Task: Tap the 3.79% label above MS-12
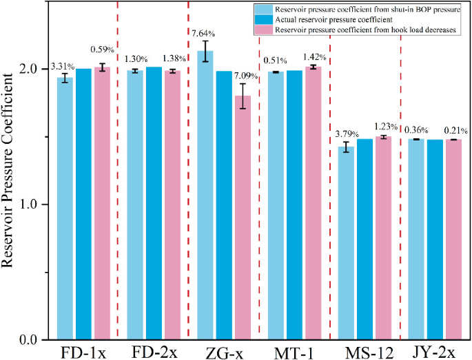click(x=346, y=134)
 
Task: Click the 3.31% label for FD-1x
click(x=63, y=67)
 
